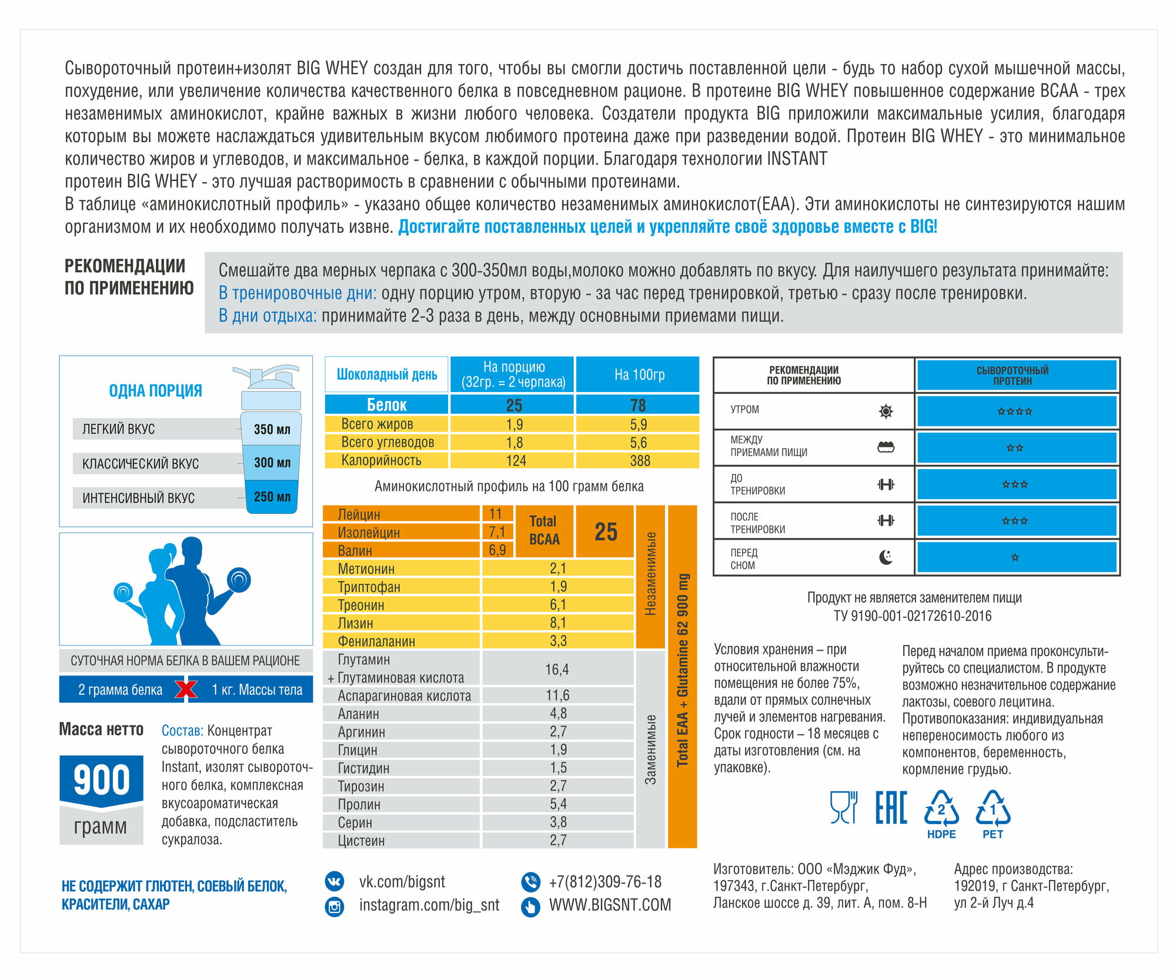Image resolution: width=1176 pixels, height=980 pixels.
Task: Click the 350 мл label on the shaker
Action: [272, 429]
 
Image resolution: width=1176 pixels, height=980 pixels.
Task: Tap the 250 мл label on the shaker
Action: [272, 497]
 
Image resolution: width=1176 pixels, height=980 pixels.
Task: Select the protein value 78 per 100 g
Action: [638, 405]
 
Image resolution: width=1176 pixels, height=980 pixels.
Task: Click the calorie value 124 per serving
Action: [516, 460]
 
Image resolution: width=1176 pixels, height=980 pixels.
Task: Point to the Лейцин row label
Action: [359, 514]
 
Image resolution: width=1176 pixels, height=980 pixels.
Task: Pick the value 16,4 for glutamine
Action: [557, 669]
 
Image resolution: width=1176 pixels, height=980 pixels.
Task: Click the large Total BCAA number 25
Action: [606, 531]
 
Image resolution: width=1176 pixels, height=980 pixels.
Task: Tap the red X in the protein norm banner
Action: [186, 690]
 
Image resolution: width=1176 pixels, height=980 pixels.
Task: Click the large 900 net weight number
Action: [102, 780]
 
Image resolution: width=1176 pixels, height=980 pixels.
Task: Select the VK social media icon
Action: [335, 881]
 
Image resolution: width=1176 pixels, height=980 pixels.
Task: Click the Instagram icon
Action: [335, 906]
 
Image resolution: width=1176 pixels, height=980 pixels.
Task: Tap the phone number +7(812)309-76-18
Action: [605, 882]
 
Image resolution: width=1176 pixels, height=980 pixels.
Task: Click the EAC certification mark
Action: [891, 808]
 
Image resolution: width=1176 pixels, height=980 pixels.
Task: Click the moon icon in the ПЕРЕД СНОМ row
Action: [886, 557]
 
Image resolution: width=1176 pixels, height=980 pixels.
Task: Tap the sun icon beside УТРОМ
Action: [886, 411]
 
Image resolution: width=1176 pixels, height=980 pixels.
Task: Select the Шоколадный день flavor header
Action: [387, 374]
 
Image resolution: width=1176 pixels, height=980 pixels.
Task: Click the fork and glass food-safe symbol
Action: [843, 807]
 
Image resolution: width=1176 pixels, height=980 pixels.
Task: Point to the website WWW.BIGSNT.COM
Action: [610, 905]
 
